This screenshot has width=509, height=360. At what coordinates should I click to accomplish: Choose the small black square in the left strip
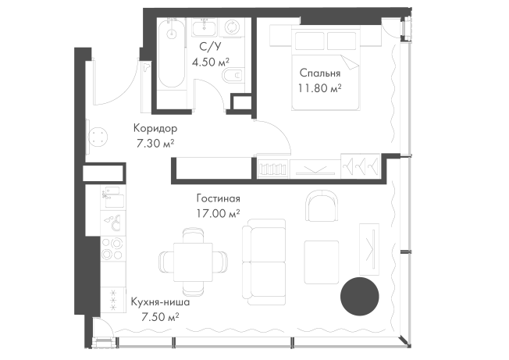point(116,272)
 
